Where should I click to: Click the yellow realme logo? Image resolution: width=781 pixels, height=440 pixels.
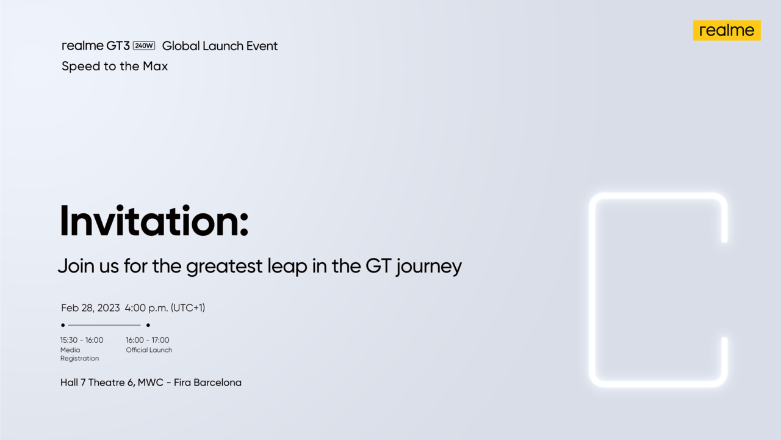point(726,31)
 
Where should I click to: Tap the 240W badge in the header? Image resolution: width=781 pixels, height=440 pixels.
point(144,46)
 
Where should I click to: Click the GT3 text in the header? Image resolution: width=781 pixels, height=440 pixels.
point(117,46)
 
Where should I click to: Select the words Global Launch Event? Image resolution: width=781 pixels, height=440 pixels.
point(220,46)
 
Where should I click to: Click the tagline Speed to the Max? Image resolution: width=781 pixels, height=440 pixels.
point(115,66)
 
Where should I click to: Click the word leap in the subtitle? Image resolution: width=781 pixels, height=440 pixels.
point(288,266)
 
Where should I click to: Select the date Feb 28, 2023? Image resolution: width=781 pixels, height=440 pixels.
point(90,308)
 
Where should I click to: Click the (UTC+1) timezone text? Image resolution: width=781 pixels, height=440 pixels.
point(188,308)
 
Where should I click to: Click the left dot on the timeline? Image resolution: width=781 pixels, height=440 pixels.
point(63,325)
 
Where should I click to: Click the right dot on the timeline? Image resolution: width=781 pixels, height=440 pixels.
point(148,325)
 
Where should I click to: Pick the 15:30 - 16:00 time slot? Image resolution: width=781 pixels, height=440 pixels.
point(82,340)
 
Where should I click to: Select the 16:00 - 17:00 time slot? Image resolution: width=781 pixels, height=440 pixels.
point(148,340)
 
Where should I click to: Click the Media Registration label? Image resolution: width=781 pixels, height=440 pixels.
point(79,354)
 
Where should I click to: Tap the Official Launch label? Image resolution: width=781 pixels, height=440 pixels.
point(149,350)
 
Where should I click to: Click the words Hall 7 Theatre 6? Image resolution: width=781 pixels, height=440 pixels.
point(97,383)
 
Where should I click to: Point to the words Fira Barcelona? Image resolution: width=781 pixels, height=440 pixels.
point(207,383)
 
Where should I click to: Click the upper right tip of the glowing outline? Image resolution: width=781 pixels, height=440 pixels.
point(724,239)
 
